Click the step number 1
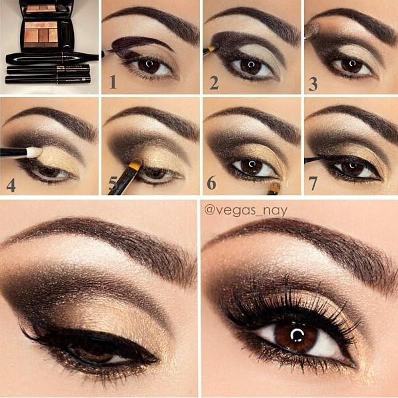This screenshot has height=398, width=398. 113,82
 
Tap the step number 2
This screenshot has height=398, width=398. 214,83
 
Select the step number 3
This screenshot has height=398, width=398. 313,84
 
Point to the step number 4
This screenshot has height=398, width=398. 11,185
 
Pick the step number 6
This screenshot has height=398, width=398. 211,182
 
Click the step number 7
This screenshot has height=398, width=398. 313,184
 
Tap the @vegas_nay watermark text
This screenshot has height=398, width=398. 245,210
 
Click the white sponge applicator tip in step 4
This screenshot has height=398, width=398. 34,152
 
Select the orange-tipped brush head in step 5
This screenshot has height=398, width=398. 135,165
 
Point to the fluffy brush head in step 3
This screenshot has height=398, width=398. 311,29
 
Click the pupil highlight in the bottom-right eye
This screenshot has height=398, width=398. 296,335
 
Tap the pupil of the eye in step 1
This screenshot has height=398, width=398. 149,63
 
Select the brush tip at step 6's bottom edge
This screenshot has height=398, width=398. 275,188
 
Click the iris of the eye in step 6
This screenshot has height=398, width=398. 252,166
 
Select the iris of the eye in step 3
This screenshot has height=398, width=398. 351,65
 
